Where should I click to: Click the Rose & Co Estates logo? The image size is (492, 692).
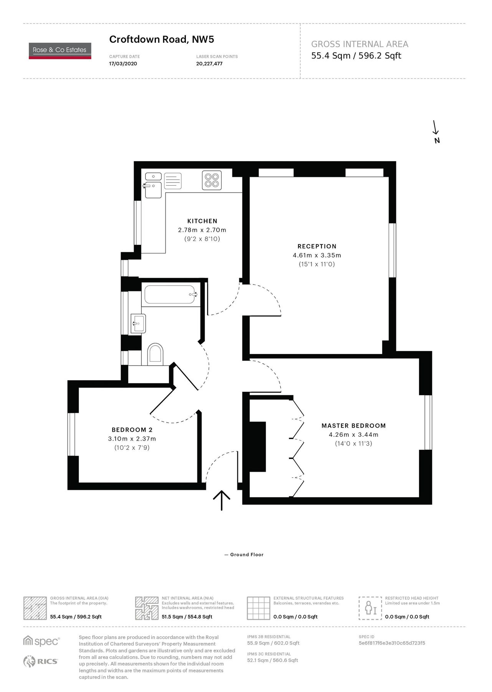[x=60, y=51]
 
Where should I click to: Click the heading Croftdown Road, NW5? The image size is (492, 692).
[x=161, y=39]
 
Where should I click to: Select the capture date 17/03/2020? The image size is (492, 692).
[x=123, y=64]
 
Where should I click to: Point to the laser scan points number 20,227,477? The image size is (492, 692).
[x=209, y=64]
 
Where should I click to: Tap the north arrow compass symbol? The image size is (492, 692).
[x=436, y=132]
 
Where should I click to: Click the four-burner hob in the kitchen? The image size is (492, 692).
[x=212, y=180]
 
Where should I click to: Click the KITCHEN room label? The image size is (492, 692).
[x=202, y=221]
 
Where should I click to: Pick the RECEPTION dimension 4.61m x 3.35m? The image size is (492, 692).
[x=317, y=255]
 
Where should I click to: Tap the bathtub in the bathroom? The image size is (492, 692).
[x=170, y=294]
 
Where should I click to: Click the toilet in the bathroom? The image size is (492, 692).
[x=155, y=353]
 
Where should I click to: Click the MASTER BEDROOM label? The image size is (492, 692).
[x=353, y=426]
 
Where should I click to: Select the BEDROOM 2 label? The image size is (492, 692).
[x=132, y=430]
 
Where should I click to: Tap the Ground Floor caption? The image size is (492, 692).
[x=247, y=555]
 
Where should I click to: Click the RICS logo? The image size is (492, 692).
[x=41, y=661]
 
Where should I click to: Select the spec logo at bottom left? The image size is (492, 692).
[x=41, y=641]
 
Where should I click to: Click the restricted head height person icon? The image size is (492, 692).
[x=370, y=608]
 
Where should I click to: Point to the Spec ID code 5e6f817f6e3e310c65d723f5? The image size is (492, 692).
[x=392, y=643]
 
